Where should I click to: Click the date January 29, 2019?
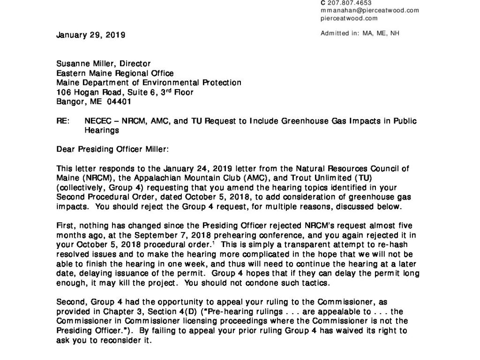coord(90,35)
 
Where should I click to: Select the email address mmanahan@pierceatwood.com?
coord(369,10)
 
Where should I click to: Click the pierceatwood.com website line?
coord(349,18)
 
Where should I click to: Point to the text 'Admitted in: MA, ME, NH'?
coord(360,33)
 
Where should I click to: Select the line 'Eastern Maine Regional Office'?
coord(115,73)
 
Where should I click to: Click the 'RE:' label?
coord(62,121)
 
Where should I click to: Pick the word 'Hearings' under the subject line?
coord(100,130)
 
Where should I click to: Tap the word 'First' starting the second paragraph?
coord(64,225)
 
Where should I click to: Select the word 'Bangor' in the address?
coord(69,101)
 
